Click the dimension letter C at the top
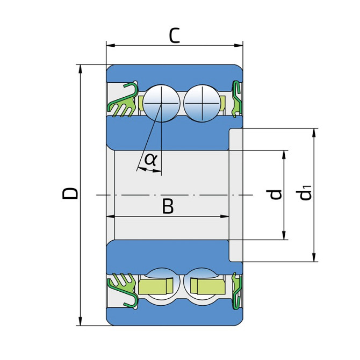click(x=174, y=35)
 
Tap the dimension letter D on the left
click(x=70, y=193)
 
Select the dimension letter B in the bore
click(x=168, y=206)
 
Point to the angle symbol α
click(x=151, y=160)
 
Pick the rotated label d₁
click(x=304, y=192)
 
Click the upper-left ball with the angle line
click(x=161, y=103)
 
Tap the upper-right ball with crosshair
click(x=202, y=103)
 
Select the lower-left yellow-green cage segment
click(x=156, y=286)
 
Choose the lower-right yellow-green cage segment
click(x=208, y=286)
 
